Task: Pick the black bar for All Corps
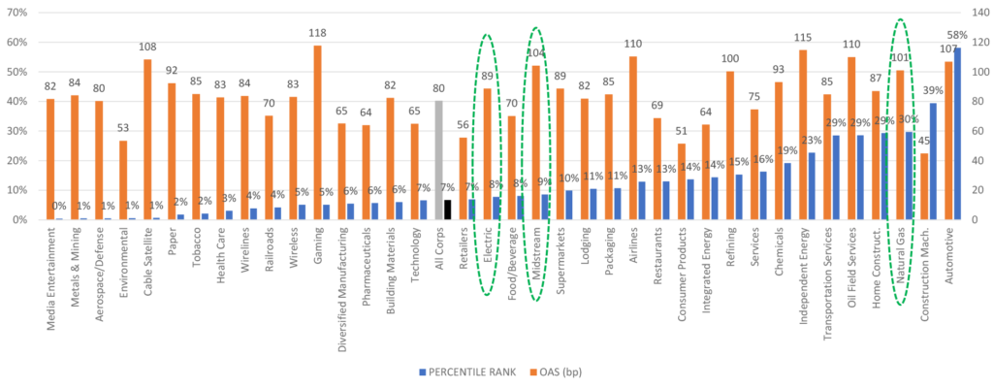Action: coord(447,210)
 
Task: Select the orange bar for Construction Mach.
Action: coord(924,186)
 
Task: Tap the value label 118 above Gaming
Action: coord(317,34)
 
